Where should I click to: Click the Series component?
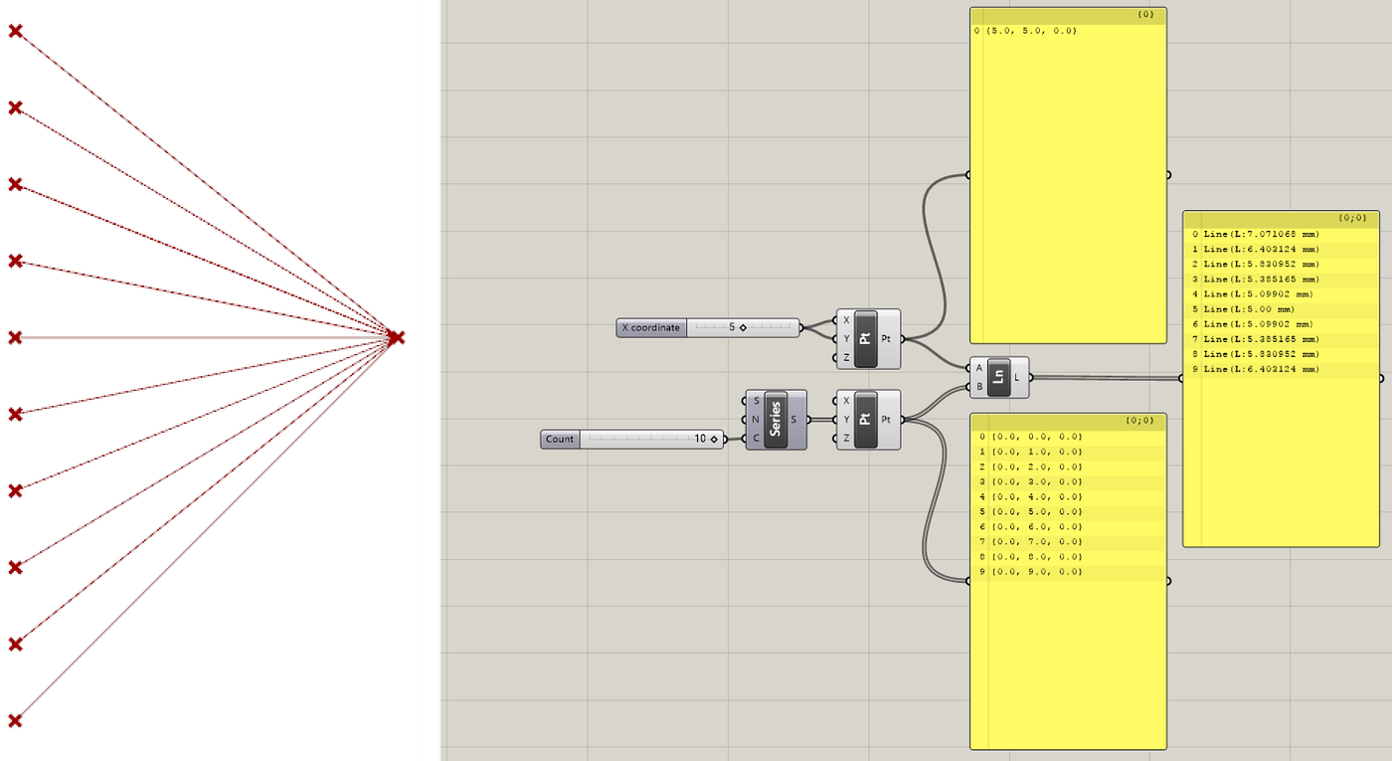pos(776,420)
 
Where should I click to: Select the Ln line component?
pos(999,377)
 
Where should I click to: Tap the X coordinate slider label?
pos(651,327)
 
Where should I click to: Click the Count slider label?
pos(560,439)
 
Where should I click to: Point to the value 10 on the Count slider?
pos(700,439)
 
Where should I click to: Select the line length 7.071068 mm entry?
pos(1261,235)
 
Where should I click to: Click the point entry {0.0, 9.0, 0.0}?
pos(1035,572)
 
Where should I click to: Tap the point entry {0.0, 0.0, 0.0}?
pos(1035,437)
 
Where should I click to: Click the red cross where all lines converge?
pos(396,338)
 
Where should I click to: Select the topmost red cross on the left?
pos(15,32)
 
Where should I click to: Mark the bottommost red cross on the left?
pos(15,720)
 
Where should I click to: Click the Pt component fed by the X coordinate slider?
pos(866,338)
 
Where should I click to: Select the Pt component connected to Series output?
pos(866,420)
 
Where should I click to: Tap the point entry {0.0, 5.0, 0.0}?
pos(1035,512)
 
